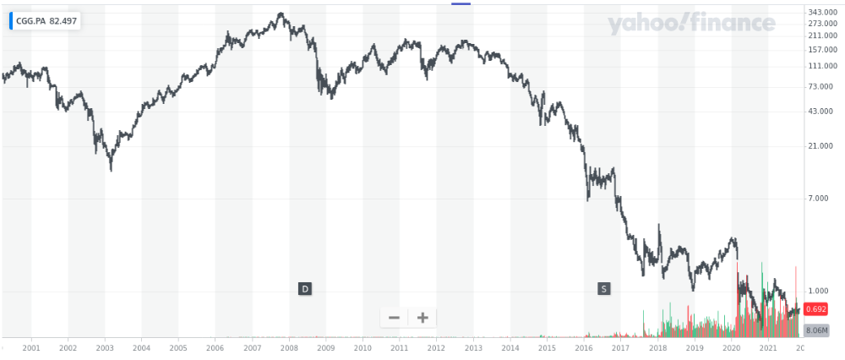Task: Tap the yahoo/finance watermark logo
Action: (x=690, y=25)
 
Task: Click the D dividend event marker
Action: (x=305, y=289)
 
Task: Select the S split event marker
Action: (x=603, y=289)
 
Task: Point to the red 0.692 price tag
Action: (x=815, y=309)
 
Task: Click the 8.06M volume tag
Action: (x=815, y=330)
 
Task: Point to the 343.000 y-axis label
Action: (x=821, y=12)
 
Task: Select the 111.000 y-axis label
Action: (x=821, y=67)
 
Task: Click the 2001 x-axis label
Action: (x=31, y=347)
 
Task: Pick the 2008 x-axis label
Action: (x=289, y=347)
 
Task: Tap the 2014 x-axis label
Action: (x=510, y=347)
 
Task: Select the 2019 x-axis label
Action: (x=695, y=347)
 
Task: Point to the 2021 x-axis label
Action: (x=768, y=347)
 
